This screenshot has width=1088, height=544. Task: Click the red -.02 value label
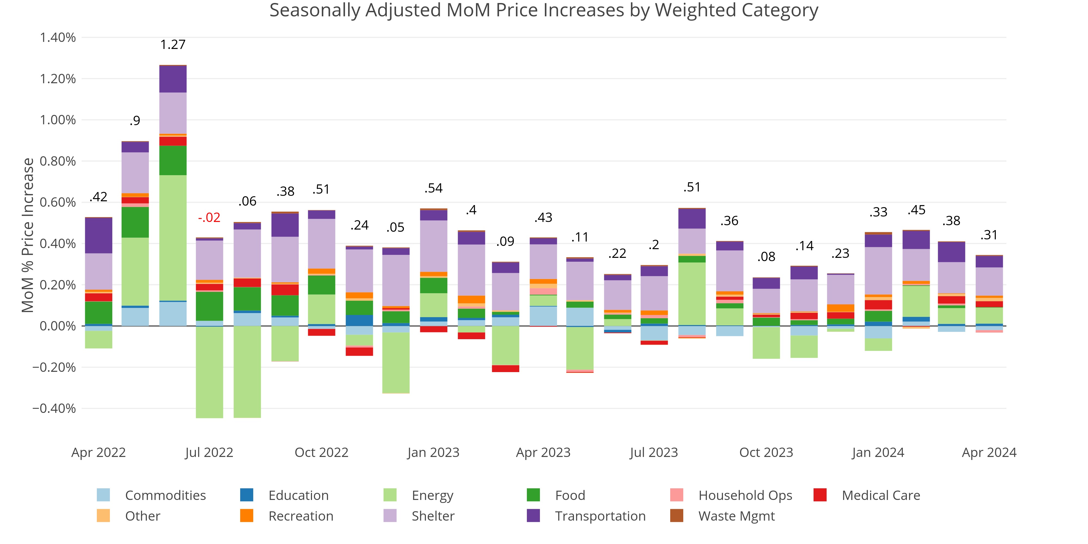click(x=209, y=218)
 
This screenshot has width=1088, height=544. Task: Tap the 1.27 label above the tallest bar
click(x=173, y=44)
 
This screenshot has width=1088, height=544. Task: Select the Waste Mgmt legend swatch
click(x=677, y=516)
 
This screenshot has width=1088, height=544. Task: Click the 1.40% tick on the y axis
click(x=58, y=38)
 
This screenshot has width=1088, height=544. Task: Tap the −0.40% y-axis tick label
click(x=54, y=409)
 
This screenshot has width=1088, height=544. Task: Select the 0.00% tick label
click(x=58, y=326)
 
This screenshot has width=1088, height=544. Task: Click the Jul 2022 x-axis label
click(x=209, y=452)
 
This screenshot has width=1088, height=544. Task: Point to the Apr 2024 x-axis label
click(x=989, y=452)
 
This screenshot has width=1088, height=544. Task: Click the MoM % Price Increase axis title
click(x=28, y=235)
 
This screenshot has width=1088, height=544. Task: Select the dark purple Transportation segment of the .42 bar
click(x=98, y=236)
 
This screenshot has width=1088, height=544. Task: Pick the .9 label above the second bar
click(x=135, y=121)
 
